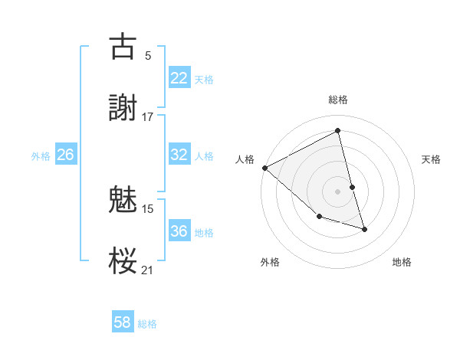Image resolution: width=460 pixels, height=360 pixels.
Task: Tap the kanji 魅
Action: coord(123,200)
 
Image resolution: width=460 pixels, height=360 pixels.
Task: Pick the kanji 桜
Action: coord(123,261)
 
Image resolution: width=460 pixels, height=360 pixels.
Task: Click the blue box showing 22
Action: coord(179,78)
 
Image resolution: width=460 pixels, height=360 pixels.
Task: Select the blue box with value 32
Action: coord(179,155)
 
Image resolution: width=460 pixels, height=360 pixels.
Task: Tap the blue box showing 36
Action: coord(179,231)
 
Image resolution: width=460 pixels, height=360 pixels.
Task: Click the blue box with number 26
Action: coord(65,155)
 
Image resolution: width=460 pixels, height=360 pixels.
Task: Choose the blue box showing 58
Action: coord(123,322)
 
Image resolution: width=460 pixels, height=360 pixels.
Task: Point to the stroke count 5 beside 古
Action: coord(148,55)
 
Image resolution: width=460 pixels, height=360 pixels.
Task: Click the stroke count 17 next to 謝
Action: coord(148,116)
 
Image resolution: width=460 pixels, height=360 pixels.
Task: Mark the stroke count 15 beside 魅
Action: coord(148,208)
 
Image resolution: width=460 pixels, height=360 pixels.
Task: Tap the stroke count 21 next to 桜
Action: coord(148,270)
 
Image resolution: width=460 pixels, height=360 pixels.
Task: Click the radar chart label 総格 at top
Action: coord(338,100)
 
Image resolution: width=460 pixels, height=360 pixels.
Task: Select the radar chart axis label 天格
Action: coord(432,159)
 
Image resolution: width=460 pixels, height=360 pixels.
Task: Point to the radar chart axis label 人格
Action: coord(245,159)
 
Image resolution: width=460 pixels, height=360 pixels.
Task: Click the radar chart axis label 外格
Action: coord(270,262)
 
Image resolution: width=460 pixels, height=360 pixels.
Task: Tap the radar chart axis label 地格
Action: coord(402,262)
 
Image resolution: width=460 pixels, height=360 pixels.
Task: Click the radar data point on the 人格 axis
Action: coord(264,168)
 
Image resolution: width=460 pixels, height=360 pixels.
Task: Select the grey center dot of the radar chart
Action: coord(338,191)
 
